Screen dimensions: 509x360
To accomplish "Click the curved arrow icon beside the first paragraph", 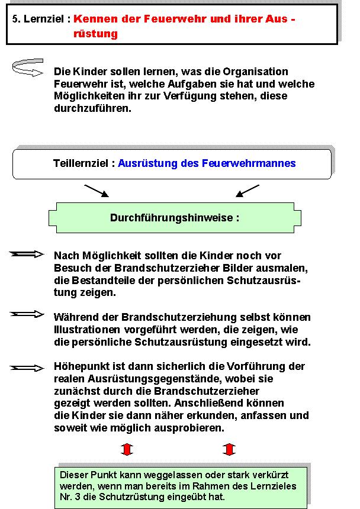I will tap(27, 67).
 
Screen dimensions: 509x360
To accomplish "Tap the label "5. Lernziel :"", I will tap(41, 19).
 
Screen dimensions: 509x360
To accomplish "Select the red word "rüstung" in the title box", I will tap(95, 34).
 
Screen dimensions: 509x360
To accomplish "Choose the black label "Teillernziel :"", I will tap(83, 163).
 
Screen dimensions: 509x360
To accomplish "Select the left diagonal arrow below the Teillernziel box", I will tap(96, 191).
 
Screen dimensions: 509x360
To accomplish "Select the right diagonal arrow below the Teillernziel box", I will tap(247, 191).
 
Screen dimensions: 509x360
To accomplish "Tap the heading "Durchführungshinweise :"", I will tap(175, 218).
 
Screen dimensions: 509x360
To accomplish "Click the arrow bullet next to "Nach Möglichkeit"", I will tap(27, 254).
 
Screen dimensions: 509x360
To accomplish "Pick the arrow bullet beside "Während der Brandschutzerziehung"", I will tap(27, 314).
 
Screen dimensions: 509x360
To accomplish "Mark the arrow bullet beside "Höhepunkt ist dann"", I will tap(27, 368).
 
